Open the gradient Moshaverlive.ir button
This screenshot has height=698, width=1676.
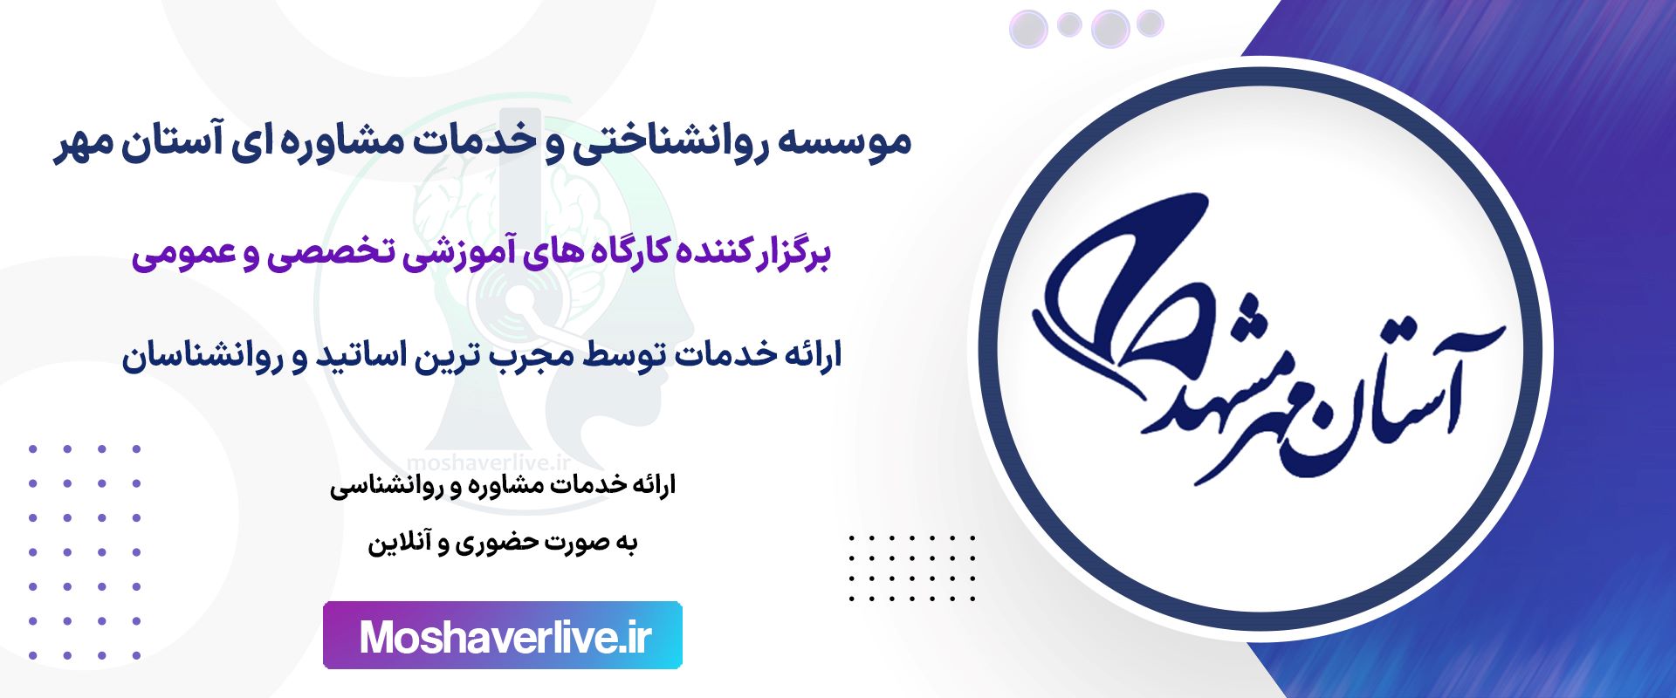coord(503,635)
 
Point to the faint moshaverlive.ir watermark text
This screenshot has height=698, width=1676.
coord(489,463)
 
